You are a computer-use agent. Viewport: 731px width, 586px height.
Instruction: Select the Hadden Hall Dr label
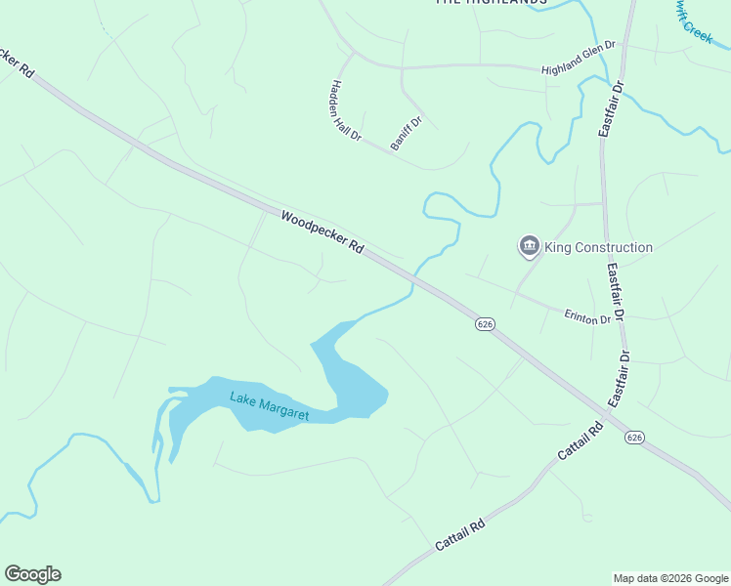click(347, 108)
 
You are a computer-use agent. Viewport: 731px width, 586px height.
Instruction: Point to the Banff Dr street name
click(405, 134)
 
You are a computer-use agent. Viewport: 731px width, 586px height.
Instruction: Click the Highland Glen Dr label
click(580, 58)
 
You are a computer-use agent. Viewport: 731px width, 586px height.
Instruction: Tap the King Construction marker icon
click(530, 246)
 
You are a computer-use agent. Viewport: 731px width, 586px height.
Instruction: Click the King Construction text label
click(598, 247)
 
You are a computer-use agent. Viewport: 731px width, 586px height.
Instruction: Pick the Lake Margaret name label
click(269, 406)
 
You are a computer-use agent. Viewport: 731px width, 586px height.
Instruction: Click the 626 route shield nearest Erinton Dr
click(485, 323)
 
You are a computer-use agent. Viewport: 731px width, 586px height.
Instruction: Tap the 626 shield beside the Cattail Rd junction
click(633, 437)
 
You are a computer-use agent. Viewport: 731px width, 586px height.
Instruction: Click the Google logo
click(32, 574)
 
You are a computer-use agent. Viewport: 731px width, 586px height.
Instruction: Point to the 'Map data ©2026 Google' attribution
click(670, 578)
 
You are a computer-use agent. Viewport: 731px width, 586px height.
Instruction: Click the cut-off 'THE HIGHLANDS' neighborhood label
click(491, 3)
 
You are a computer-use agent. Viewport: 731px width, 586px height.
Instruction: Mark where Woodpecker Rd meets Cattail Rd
click(606, 414)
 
